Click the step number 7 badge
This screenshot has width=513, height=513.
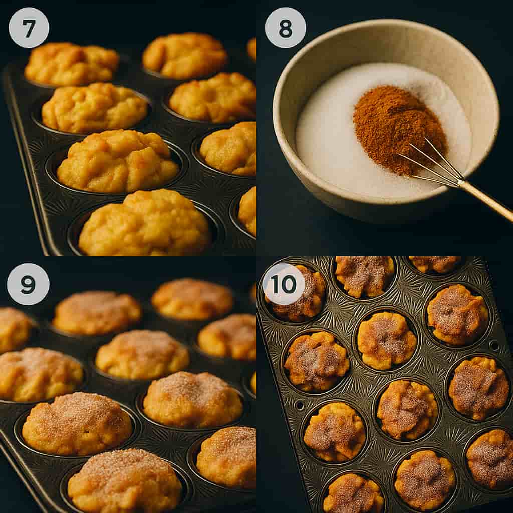(x=29, y=28)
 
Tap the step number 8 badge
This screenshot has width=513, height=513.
(x=285, y=28)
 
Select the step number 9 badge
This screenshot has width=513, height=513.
(x=28, y=284)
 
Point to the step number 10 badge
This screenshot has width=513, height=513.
(x=284, y=284)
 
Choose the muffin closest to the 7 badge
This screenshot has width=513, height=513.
(x=70, y=63)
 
